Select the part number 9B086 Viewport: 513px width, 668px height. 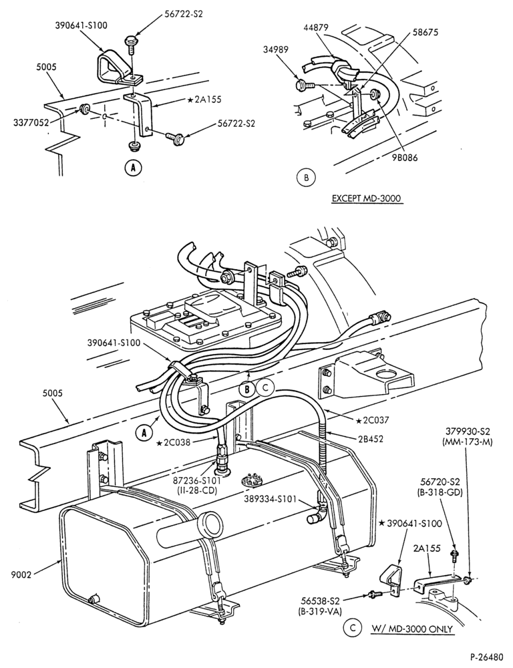coord(405,157)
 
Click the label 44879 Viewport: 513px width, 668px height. coord(315,27)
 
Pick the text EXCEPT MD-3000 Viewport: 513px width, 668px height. coord(367,198)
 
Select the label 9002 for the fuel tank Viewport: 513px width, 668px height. coord(21,575)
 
